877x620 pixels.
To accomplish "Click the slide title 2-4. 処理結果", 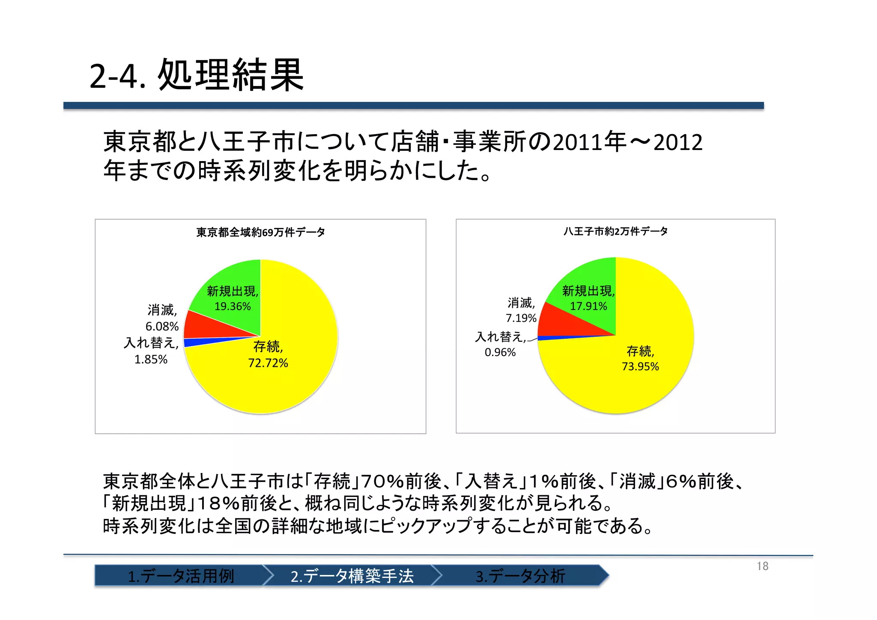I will coord(197,75).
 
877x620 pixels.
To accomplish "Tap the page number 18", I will coord(762,566).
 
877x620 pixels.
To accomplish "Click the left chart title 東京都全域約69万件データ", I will coord(260,232).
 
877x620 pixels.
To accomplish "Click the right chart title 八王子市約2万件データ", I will coord(615,231).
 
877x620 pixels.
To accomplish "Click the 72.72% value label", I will coord(268,363).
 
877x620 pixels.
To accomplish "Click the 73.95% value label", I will coord(640,366).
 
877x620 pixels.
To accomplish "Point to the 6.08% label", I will coord(162,326).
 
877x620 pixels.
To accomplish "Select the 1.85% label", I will coord(151,359).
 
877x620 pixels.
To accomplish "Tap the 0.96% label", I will coord(500,352).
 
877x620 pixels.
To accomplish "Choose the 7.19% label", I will coord(521,318).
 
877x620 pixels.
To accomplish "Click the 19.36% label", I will coord(233,306).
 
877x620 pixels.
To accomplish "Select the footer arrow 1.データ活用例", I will coord(180,575).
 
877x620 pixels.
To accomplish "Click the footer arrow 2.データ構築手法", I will coord(351,575).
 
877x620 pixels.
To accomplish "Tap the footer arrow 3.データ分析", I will coord(520,575).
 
